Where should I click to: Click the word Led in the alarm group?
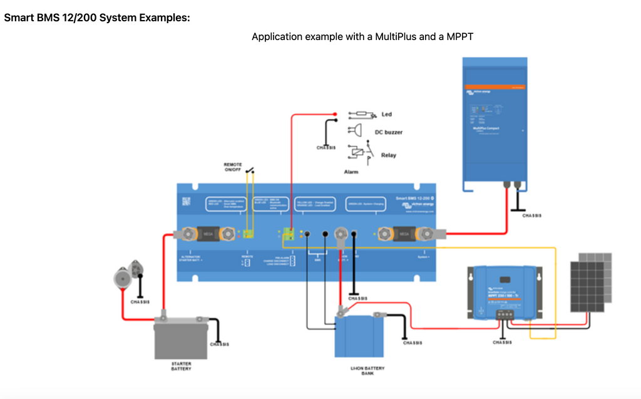[x=386, y=115]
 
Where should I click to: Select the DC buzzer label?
[x=388, y=132]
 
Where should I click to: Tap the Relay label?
[x=388, y=155]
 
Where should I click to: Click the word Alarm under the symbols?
[x=351, y=171]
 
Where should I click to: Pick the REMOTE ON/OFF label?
[x=232, y=167]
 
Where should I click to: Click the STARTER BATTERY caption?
[x=181, y=366]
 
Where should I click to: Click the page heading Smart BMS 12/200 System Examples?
[x=97, y=18]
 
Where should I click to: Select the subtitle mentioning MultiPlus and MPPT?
[x=362, y=37]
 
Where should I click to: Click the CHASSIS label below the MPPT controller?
[x=502, y=343]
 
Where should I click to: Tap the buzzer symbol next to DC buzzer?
[x=355, y=132]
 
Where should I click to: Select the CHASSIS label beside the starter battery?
[x=219, y=344]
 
